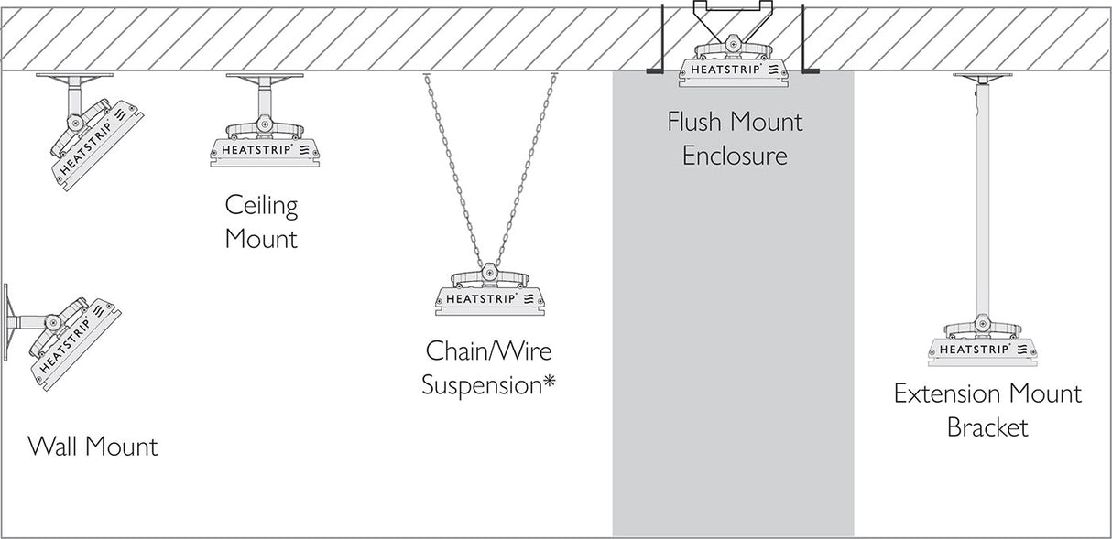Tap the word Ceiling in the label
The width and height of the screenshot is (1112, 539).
coord(261,205)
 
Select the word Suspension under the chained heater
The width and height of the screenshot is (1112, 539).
coord(481,384)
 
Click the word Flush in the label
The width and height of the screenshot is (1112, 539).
coord(699,123)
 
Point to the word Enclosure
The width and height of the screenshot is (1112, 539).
coord(734,156)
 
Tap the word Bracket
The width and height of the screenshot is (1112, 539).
coord(987,427)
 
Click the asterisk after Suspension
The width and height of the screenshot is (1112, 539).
coord(549,383)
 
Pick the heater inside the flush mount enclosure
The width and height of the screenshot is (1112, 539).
coord(736,67)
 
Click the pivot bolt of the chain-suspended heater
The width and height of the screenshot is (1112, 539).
coord(489,274)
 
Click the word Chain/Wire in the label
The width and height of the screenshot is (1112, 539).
coord(488,350)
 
